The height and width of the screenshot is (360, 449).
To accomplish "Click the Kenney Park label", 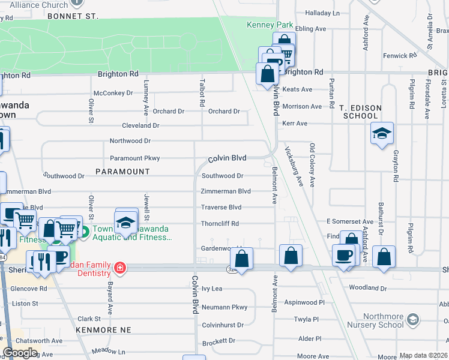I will (x=270, y=25).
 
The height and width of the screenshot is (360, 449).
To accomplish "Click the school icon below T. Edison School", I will (x=382, y=134).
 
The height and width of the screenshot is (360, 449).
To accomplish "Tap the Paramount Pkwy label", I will (x=134, y=158).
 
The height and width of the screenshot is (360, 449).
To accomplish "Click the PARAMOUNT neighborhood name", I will (x=122, y=172).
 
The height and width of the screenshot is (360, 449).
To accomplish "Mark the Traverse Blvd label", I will (x=221, y=208).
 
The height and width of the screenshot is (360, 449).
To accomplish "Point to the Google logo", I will (x=20, y=353).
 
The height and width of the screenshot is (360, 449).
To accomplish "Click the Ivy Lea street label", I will (x=212, y=289).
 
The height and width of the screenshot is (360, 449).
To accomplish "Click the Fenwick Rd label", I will (x=400, y=56).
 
